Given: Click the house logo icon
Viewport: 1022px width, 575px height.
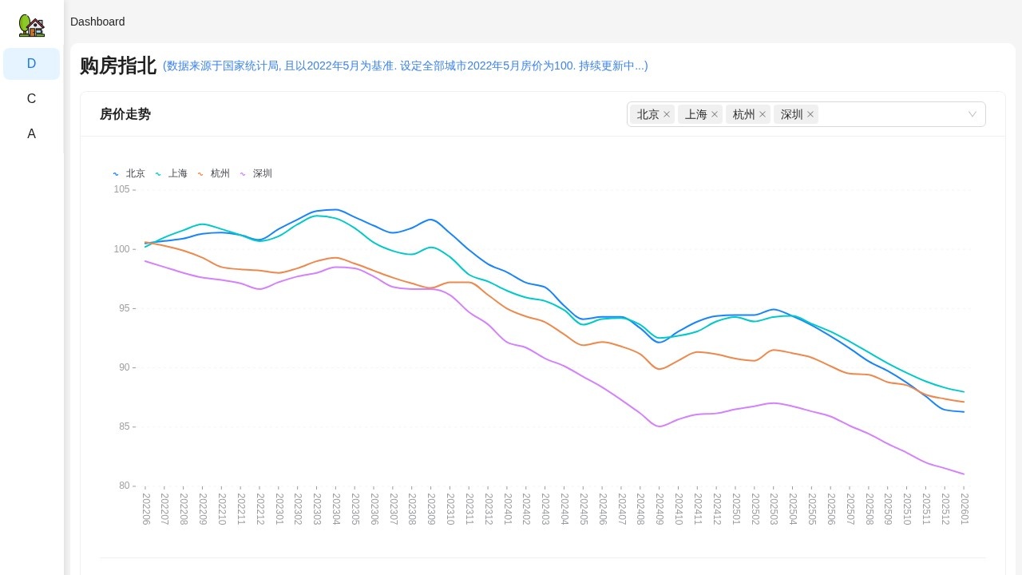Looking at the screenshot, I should tap(31, 26).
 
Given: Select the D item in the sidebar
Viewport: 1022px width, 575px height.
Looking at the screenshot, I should tap(31, 64).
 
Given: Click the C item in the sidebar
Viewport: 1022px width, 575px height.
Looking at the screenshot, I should tap(31, 99).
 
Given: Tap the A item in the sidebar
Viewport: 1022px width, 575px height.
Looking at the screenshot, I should tap(31, 134).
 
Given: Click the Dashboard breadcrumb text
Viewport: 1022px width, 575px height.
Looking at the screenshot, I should tap(97, 22).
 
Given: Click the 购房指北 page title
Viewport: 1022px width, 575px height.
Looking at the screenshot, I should tap(117, 65).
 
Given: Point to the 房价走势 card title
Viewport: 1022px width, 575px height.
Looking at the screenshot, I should tap(125, 114).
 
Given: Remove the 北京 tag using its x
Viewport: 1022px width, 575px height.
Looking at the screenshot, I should tap(667, 114).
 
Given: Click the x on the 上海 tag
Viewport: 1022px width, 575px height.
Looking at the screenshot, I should tap(715, 114).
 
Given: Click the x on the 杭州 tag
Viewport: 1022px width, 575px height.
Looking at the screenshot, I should tap(763, 114).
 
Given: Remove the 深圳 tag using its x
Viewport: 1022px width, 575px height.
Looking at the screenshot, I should tap(810, 114).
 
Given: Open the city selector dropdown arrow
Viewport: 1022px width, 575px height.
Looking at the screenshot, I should tap(972, 114).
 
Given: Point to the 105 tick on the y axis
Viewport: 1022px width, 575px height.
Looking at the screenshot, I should tap(121, 189).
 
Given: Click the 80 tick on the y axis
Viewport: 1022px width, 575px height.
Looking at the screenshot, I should tap(124, 486).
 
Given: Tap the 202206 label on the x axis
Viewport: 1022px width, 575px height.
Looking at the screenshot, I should tap(146, 509).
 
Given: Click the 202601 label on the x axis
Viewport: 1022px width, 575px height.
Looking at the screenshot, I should tap(965, 509).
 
